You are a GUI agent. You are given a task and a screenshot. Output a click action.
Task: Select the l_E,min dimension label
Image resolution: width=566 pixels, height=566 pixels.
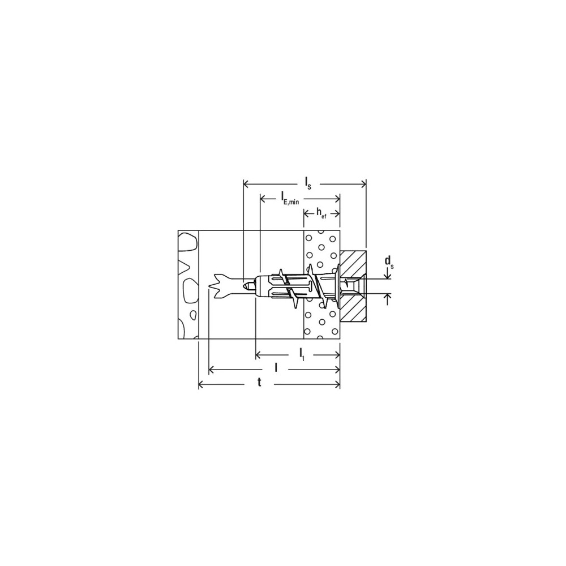click(x=290, y=198)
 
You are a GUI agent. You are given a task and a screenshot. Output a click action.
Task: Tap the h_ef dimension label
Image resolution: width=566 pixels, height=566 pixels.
click(x=321, y=213)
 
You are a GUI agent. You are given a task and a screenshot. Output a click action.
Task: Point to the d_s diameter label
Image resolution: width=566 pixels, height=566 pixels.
click(x=388, y=262)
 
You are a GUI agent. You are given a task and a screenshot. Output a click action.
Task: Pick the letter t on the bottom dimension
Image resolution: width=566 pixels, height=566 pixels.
click(x=259, y=383)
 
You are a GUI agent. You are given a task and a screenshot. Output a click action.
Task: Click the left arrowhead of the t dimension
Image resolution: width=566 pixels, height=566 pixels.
click(x=202, y=385)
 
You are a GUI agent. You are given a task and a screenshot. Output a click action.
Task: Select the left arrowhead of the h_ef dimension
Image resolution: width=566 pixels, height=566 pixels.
click(x=307, y=214)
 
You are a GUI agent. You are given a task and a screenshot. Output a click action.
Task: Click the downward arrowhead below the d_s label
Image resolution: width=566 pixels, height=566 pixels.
click(x=388, y=276)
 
